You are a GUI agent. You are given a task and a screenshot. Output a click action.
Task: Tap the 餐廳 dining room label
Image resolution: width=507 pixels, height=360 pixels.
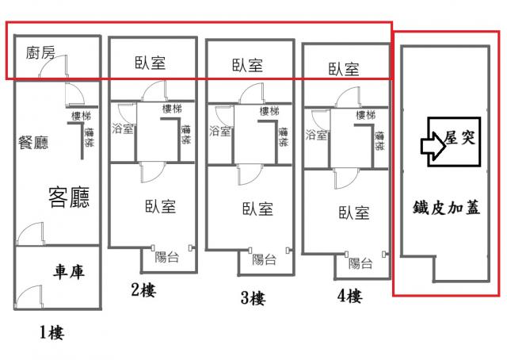tap(33, 143)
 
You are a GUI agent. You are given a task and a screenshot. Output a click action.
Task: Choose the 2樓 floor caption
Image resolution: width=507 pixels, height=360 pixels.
tap(143, 290)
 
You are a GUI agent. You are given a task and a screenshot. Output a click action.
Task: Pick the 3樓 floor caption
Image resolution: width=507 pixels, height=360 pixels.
tap(253, 299)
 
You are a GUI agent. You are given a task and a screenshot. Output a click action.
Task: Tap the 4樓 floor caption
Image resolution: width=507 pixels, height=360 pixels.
tap(349, 297)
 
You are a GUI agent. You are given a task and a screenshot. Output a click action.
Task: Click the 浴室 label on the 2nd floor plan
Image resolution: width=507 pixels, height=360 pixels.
tap(124, 129)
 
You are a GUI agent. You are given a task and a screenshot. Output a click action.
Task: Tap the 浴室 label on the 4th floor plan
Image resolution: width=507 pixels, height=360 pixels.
tap(317, 135)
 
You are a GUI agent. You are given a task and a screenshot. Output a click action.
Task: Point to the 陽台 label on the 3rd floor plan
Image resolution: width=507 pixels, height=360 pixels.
tap(265, 259)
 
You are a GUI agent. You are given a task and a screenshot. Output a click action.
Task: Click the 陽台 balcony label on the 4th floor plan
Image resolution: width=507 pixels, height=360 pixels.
tap(361, 263)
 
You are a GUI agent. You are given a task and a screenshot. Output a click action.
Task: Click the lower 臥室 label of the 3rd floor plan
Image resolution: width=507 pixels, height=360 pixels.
tap(257, 209)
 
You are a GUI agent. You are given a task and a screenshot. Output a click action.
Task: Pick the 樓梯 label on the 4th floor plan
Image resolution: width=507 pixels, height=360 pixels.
tap(365, 116)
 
